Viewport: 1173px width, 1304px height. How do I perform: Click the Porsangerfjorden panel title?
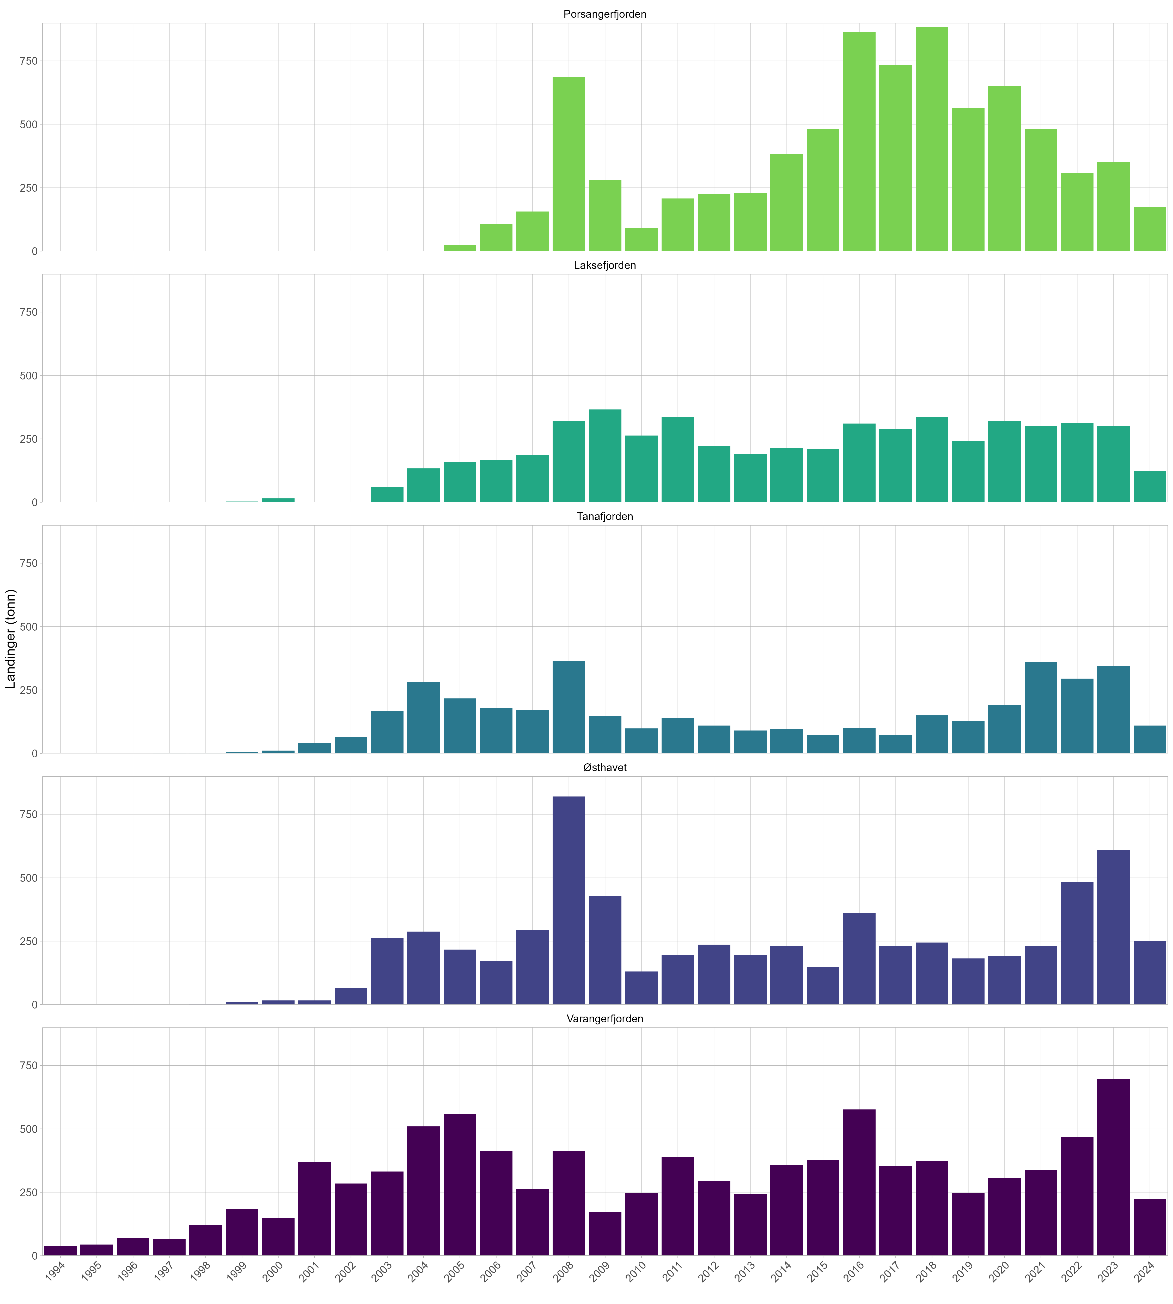click(x=604, y=14)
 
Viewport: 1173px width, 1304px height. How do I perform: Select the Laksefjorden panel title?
click(x=604, y=266)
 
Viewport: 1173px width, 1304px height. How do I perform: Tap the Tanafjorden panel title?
click(x=604, y=517)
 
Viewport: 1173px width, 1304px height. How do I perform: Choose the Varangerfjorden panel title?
click(x=604, y=1019)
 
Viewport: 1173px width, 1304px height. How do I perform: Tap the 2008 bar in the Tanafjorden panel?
click(x=569, y=707)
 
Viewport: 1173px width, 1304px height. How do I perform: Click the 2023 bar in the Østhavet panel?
click(x=1113, y=927)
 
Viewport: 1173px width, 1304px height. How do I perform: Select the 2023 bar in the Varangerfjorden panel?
click(x=1113, y=1167)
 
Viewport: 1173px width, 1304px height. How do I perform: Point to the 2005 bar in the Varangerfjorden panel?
click(x=460, y=1185)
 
